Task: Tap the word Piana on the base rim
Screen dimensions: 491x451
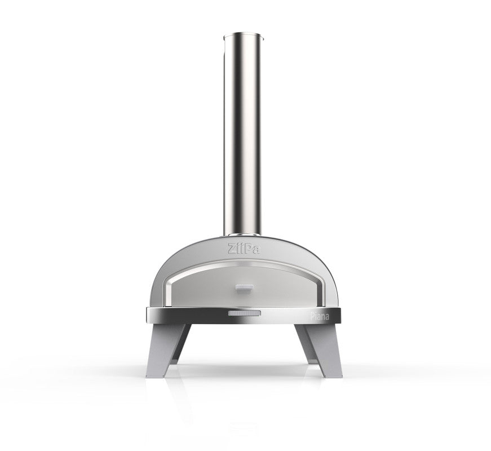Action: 320,316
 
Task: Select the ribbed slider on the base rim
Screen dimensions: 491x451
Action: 244,313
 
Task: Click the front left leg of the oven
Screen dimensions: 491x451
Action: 168,350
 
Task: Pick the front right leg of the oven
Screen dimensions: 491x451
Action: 319,350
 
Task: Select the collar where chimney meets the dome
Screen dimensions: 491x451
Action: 243,235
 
